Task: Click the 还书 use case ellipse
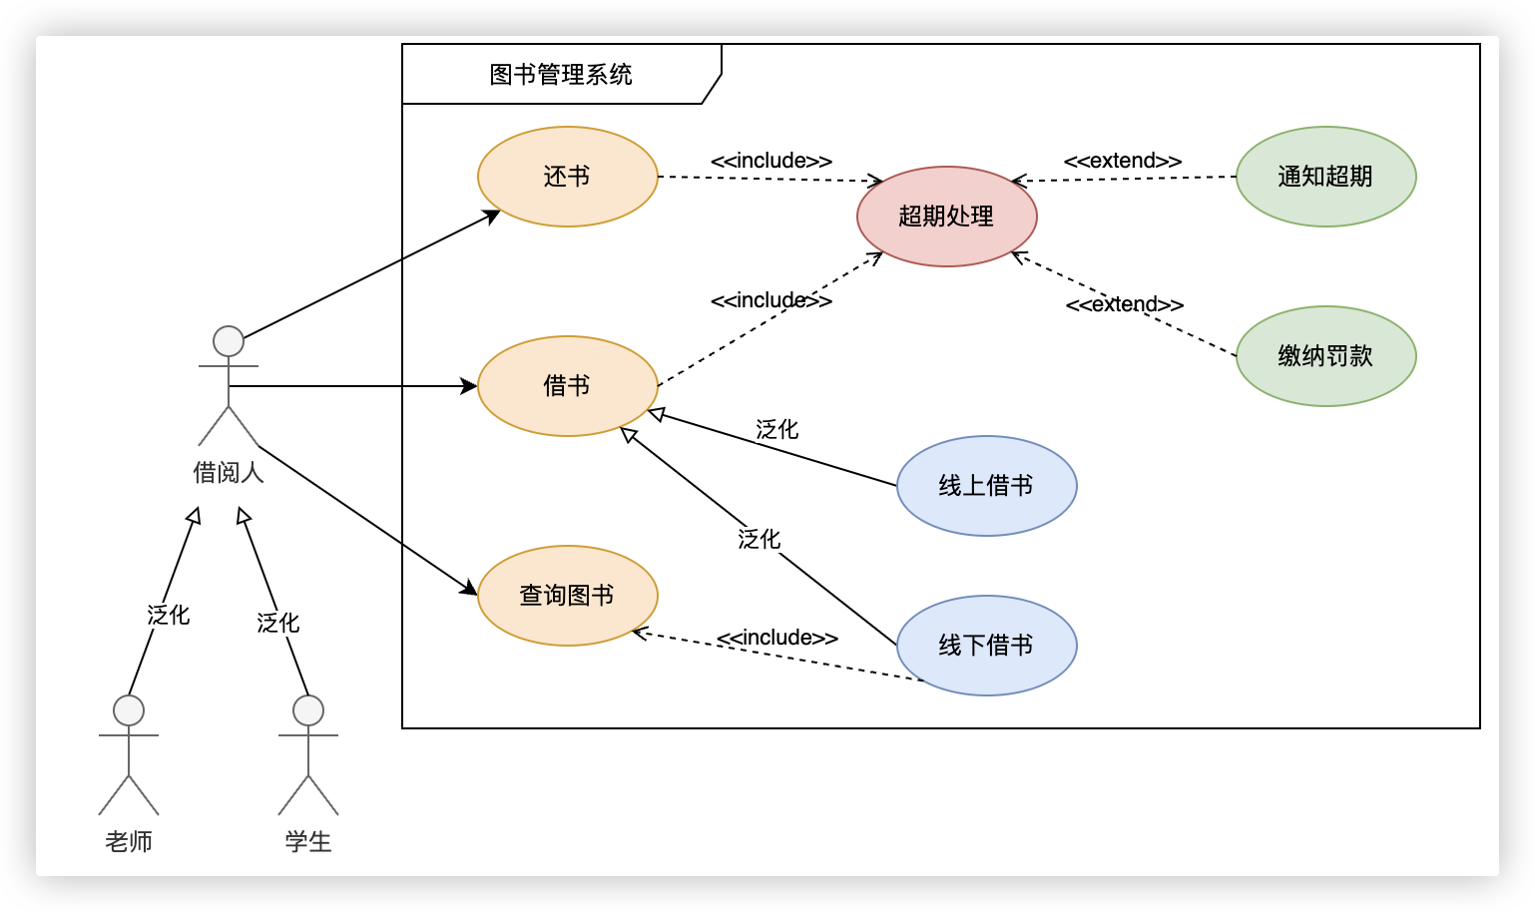(567, 177)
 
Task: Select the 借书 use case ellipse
(567, 386)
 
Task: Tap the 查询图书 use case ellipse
(567, 596)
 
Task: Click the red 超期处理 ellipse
(946, 217)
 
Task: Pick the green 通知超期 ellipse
(1325, 177)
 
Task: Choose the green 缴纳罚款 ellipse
(1325, 356)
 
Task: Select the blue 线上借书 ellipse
(986, 486)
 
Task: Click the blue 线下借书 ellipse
(986, 646)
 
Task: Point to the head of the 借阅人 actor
(229, 341)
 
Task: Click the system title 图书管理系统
(561, 75)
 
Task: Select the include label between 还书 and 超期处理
(770, 161)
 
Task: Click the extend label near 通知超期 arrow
(1123, 161)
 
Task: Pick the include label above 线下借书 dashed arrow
(776, 638)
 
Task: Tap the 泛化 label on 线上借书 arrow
(776, 430)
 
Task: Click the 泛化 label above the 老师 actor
(168, 615)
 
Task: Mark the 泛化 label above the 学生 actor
(277, 623)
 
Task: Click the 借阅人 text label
(229, 472)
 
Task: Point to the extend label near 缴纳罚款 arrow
(1125, 304)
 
